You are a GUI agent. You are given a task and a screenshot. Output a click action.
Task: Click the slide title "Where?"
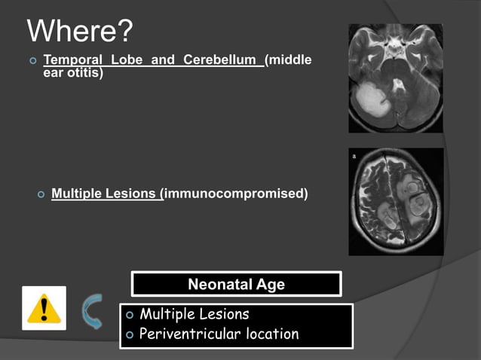(79, 31)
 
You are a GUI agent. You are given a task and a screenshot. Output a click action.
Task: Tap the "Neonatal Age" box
(236, 285)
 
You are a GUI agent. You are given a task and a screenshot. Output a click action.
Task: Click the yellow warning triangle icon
(44, 309)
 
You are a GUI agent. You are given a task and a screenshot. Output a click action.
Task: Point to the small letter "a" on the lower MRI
(354, 156)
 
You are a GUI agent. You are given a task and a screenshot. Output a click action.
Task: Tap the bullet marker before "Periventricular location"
(131, 334)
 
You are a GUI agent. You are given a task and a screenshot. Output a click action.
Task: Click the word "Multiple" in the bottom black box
(167, 314)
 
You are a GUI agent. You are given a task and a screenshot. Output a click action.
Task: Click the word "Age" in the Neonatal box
(270, 285)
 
